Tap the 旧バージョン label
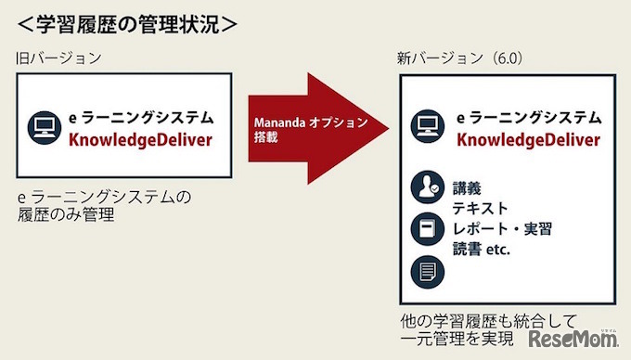[x=58, y=58]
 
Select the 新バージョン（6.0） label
[x=460, y=58]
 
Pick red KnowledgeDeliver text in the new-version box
[x=528, y=141]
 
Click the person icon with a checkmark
[x=426, y=188]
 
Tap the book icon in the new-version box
[x=426, y=229]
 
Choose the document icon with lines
[x=426, y=271]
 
